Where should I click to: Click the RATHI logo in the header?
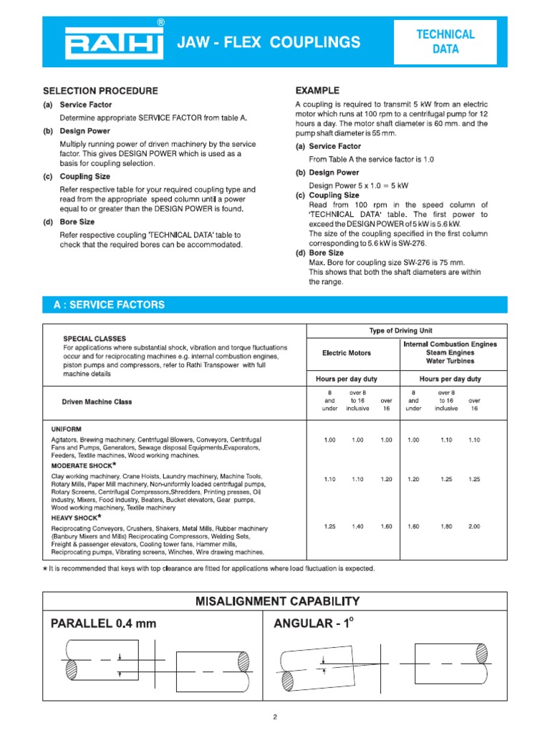click(x=112, y=42)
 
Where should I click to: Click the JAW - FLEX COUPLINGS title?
click(x=269, y=43)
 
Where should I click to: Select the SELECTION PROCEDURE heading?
click(x=100, y=91)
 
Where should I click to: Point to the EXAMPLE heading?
click(x=317, y=91)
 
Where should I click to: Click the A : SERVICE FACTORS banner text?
click(x=109, y=305)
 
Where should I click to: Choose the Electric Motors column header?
click(x=347, y=353)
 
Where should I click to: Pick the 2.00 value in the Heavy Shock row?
click(x=474, y=526)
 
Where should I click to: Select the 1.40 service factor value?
click(x=357, y=526)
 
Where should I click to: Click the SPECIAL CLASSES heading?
click(x=95, y=338)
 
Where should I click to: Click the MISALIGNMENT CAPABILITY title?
click(x=277, y=601)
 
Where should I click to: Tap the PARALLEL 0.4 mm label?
click(x=103, y=623)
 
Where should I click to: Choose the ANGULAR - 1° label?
click(x=314, y=623)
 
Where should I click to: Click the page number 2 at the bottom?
click(x=275, y=717)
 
